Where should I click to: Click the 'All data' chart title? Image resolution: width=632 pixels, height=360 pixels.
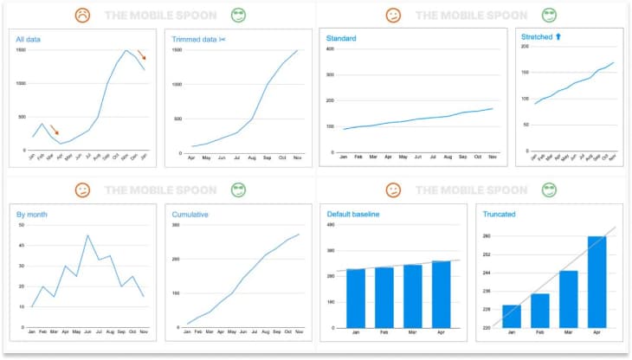point(29,40)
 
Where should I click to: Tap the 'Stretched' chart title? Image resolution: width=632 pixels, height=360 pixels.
point(541,38)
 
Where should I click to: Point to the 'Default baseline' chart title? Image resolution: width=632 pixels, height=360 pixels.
point(352,213)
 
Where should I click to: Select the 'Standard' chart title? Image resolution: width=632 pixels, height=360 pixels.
point(341,39)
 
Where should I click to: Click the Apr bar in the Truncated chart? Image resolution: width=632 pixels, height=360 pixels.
point(597,281)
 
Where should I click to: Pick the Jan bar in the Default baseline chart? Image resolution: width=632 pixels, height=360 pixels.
point(355,298)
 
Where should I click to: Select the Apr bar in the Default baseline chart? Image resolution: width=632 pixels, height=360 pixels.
point(441,294)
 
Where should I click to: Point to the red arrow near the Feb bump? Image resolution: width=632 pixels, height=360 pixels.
point(54,130)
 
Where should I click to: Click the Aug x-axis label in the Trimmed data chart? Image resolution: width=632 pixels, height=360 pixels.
point(252,158)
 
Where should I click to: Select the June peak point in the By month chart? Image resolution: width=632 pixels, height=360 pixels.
point(87,235)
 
